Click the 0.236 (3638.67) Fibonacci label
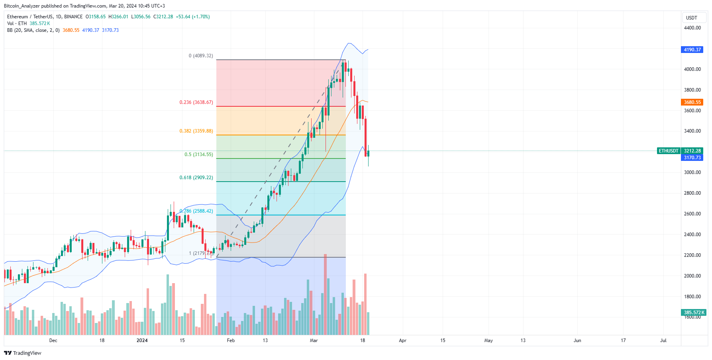click(x=196, y=102)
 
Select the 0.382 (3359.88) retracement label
click(x=196, y=131)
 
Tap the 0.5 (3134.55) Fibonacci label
click(x=198, y=155)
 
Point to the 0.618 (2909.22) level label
click(x=196, y=178)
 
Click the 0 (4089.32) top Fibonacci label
click(x=201, y=56)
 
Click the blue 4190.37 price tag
click(x=692, y=50)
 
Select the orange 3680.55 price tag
click(x=692, y=102)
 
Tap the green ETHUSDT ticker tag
click(x=668, y=151)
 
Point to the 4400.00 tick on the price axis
click(x=692, y=28)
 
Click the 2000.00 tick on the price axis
click(x=692, y=276)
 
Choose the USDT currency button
click(x=692, y=18)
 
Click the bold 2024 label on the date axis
click(x=142, y=340)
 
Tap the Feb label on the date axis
click(x=231, y=340)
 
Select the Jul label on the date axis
click(x=663, y=340)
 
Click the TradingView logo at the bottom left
click(x=23, y=353)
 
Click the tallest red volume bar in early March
click(x=325, y=295)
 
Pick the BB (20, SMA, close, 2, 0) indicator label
click(x=33, y=30)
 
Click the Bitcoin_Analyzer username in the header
click(x=22, y=6)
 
